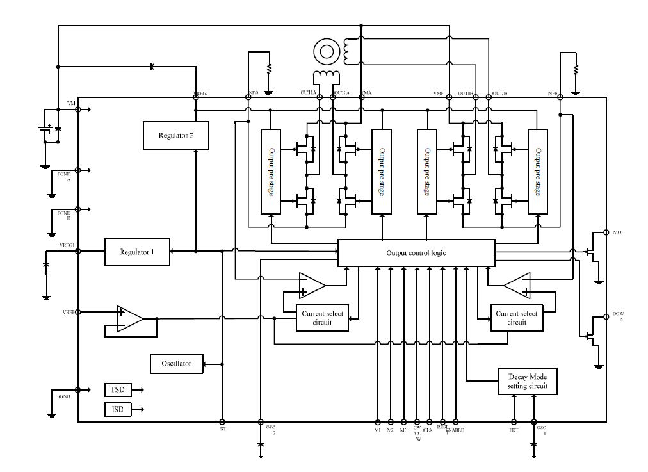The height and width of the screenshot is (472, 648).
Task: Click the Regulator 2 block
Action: point(170,136)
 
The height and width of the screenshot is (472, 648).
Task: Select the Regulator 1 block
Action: point(138,251)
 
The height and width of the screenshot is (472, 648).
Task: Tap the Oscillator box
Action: point(176,364)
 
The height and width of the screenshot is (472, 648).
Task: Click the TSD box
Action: point(117,390)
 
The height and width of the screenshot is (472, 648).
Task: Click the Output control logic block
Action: point(416,252)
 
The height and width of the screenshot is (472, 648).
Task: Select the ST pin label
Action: point(222,430)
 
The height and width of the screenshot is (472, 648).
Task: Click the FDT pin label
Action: point(514,430)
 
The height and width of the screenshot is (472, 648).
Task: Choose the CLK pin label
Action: point(428,430)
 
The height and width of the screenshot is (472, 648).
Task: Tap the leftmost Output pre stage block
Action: point(271,172)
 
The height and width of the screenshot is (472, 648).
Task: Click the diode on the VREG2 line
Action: point(152,67)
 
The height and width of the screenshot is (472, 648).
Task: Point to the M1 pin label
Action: point(377,430)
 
